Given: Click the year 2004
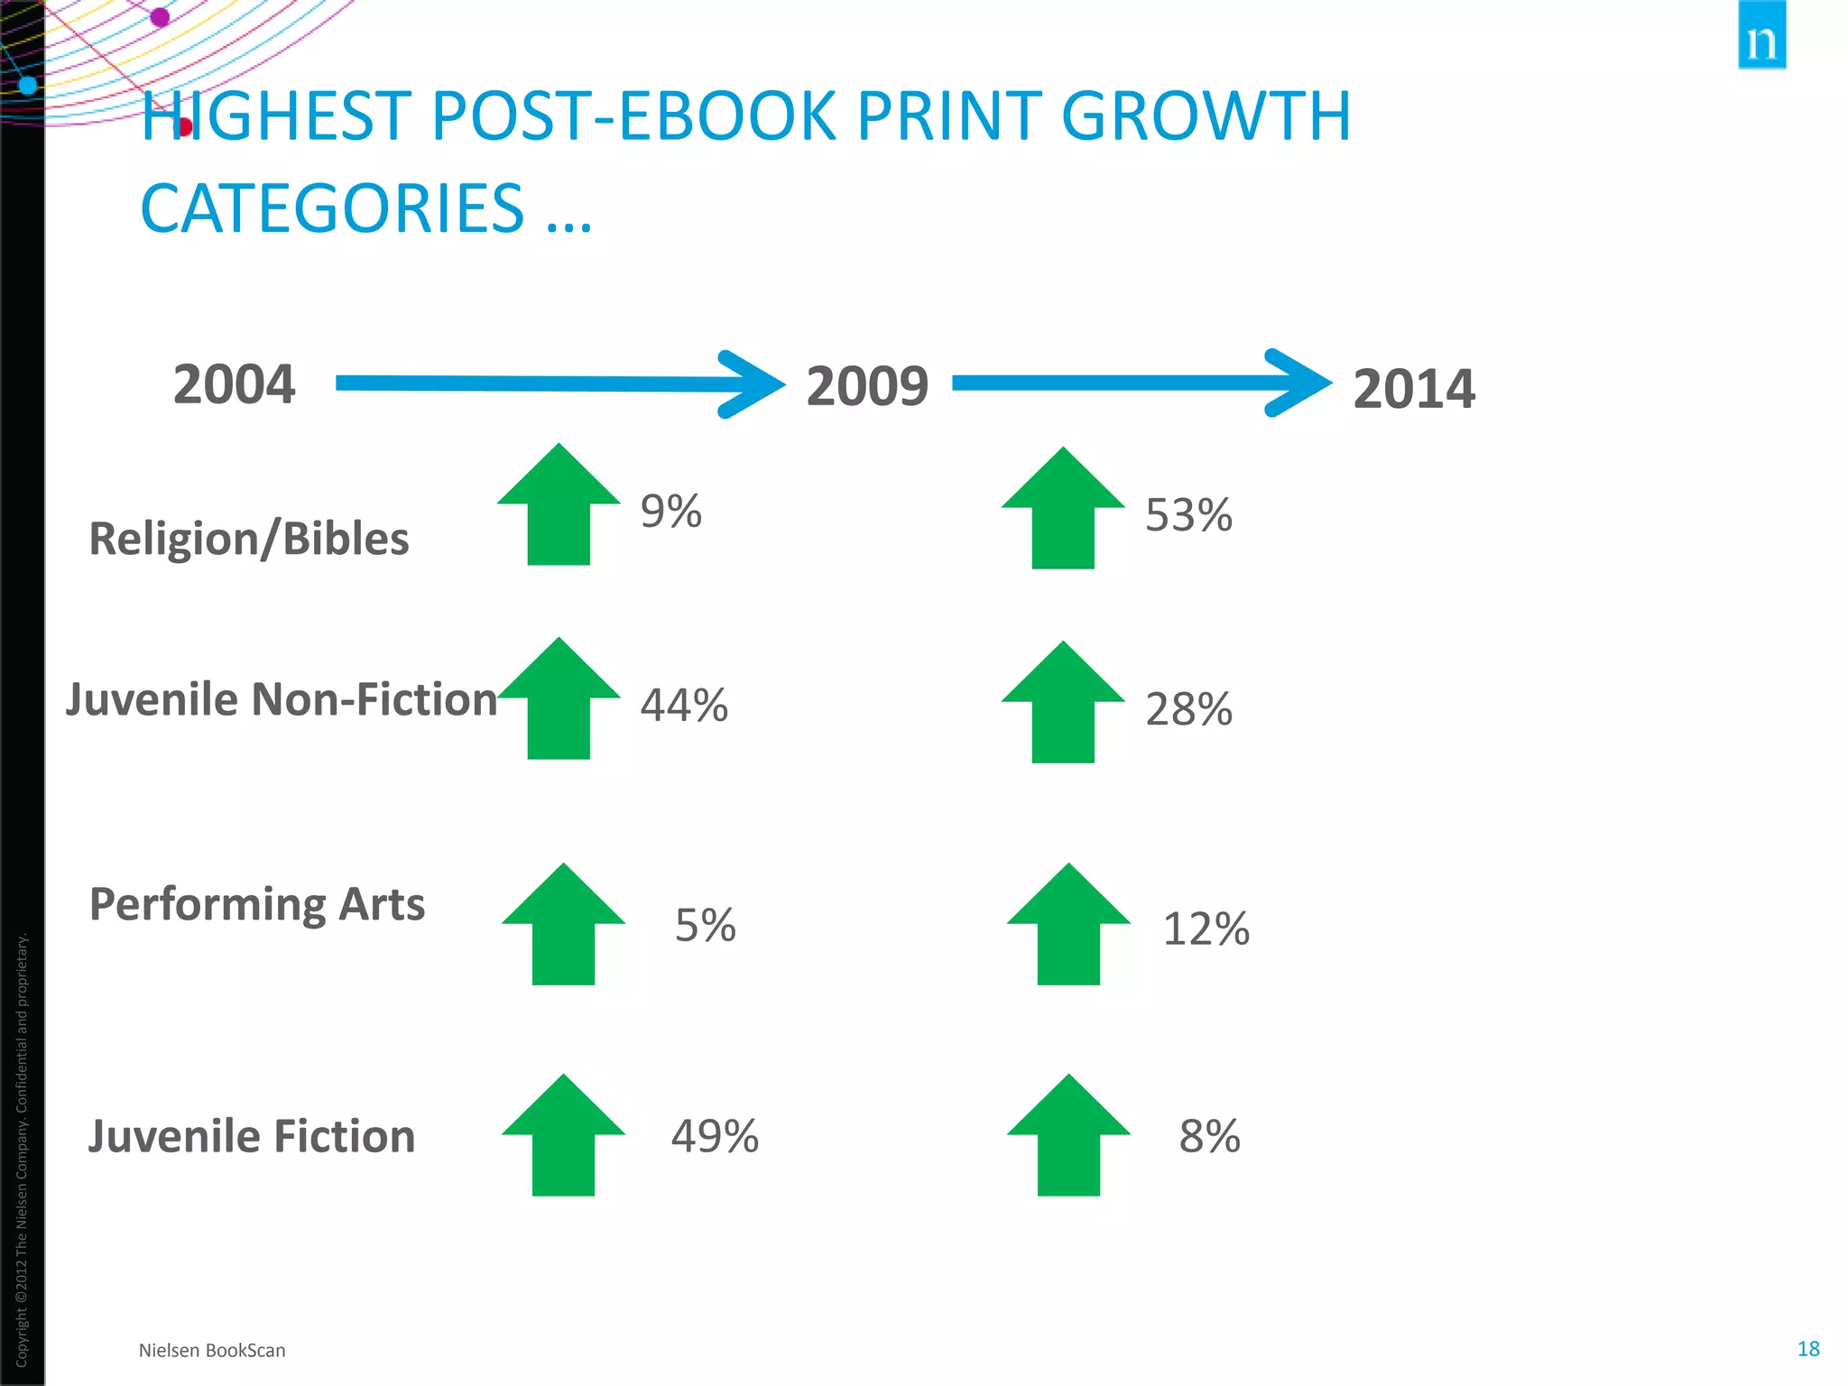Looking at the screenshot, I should pyautogui.click(x=234, y=384).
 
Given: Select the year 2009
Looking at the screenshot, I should pyautogui.click(x=866, y=386).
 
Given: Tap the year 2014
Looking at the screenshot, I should pyautogui.click(x=1413, y=389).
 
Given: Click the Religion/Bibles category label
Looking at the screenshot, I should pyautogui.click(x=248, y=539).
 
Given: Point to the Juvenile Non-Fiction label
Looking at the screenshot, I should pyautogui.click(x=281, y=699).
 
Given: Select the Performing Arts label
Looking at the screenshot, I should pyautogui.click(x=257, y=904).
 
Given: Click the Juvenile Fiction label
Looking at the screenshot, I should pyautogui.click(x=252, y=1136).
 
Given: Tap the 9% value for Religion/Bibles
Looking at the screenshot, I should pyautogui.click(x=670, y=512).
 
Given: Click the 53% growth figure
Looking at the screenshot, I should pyautogui.click(x=1188, y=515).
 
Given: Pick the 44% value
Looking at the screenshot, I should pyautogui.click(x=684, y=705).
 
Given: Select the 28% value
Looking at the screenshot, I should pyautogui.click(x=1188, y=709).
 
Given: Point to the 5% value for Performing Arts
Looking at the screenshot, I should pyautogui.click(x=706, y=926).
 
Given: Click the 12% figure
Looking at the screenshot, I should pyautogui.click(x=1206, y=929).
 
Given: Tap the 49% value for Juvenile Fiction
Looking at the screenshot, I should pyautogui.click(x=715, y=1136).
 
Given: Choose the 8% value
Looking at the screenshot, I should pyautogui.click(x=1209, y=1136).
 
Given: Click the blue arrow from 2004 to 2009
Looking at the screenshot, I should pyautogui.click(x=559, y=383).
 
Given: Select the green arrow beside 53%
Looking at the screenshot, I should pyautogui.click(x=1063, y=511).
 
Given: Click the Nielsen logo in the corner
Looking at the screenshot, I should pyautogui.click(x=1761, y=36).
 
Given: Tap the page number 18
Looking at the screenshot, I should pyautogui.click(x=1808, y=1348).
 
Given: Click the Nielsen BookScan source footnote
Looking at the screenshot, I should pyautogui.click(x=212, y=1350).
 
